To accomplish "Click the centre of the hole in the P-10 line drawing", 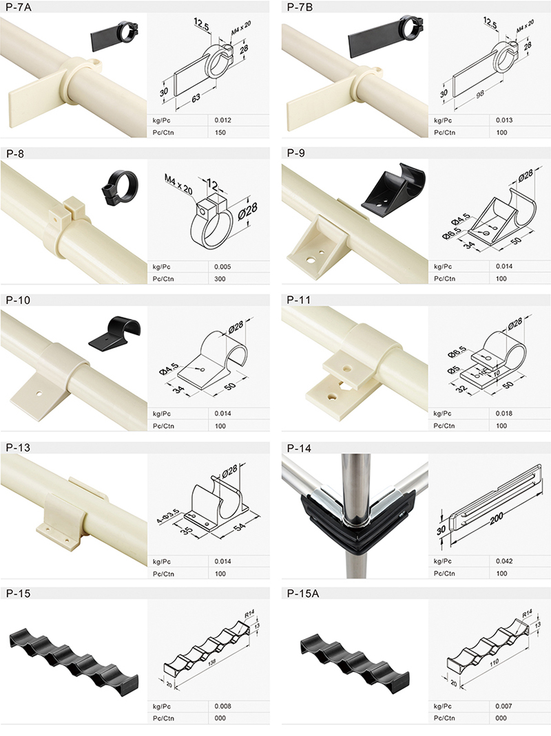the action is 202,369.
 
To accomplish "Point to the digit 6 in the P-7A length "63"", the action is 194,98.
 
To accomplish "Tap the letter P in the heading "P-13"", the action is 9,447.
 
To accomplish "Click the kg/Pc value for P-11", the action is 504,413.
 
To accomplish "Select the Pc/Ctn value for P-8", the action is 220,279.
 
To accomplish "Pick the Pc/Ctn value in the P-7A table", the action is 220,132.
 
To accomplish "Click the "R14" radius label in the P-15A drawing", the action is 527,614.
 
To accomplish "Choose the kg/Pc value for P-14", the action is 504,561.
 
